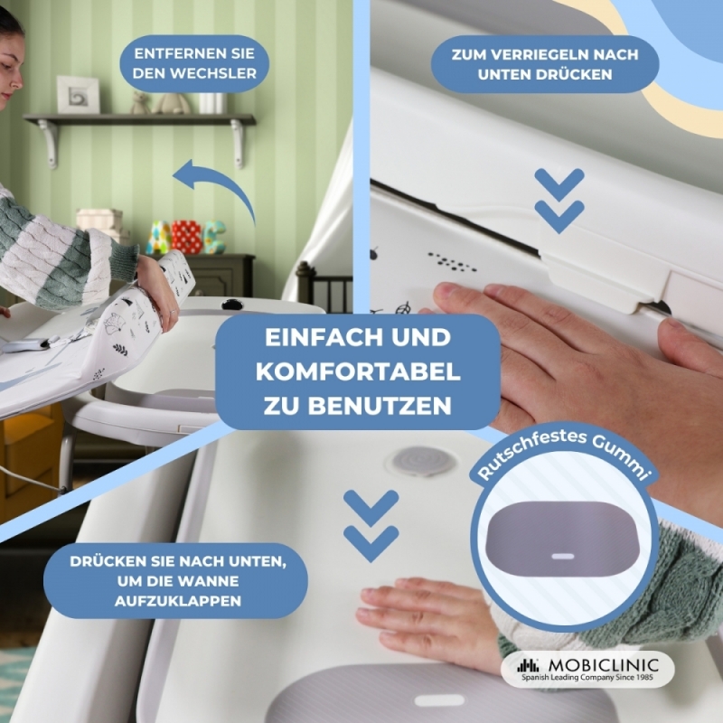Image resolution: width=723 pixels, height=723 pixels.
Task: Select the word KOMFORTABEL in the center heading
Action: pos(358,372)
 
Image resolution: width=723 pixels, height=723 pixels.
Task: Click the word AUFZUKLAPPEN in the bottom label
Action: pos(178,601)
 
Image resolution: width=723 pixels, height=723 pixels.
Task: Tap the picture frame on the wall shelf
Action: pos(78,95)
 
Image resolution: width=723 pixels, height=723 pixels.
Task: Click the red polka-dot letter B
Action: pos(187,237)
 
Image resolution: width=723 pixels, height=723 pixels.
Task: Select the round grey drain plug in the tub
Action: pos(421,460)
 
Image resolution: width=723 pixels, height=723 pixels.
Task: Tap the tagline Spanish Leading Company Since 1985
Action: pos(587,677)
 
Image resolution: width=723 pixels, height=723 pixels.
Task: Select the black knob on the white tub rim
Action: pos(232,304)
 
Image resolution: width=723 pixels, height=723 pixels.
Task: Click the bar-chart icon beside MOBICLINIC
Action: pos(528,665)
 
